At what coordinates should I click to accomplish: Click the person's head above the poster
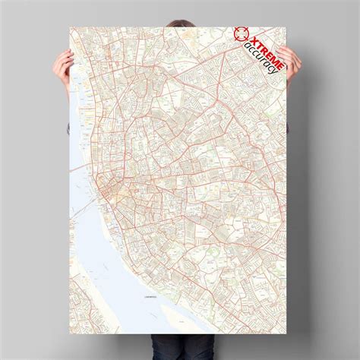coord(180,11)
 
